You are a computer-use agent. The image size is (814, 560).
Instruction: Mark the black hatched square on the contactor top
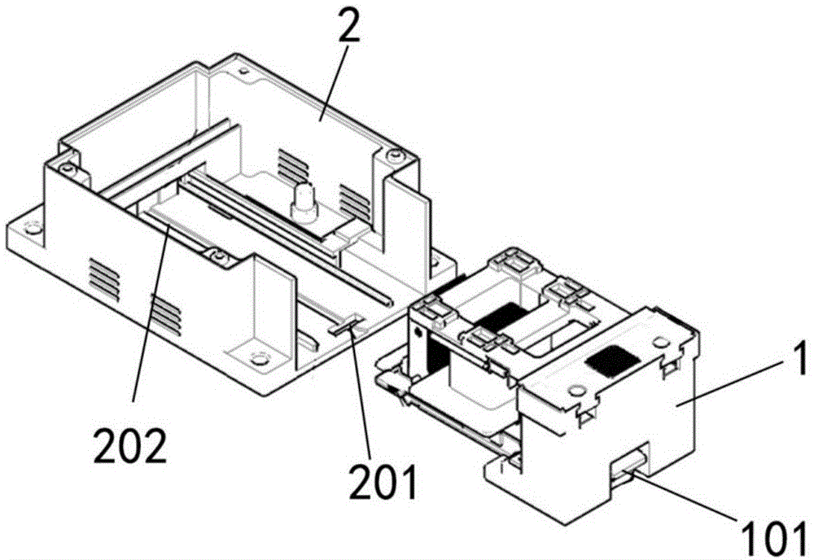(615, 356)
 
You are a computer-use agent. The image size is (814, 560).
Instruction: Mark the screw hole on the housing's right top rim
(395, 155)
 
